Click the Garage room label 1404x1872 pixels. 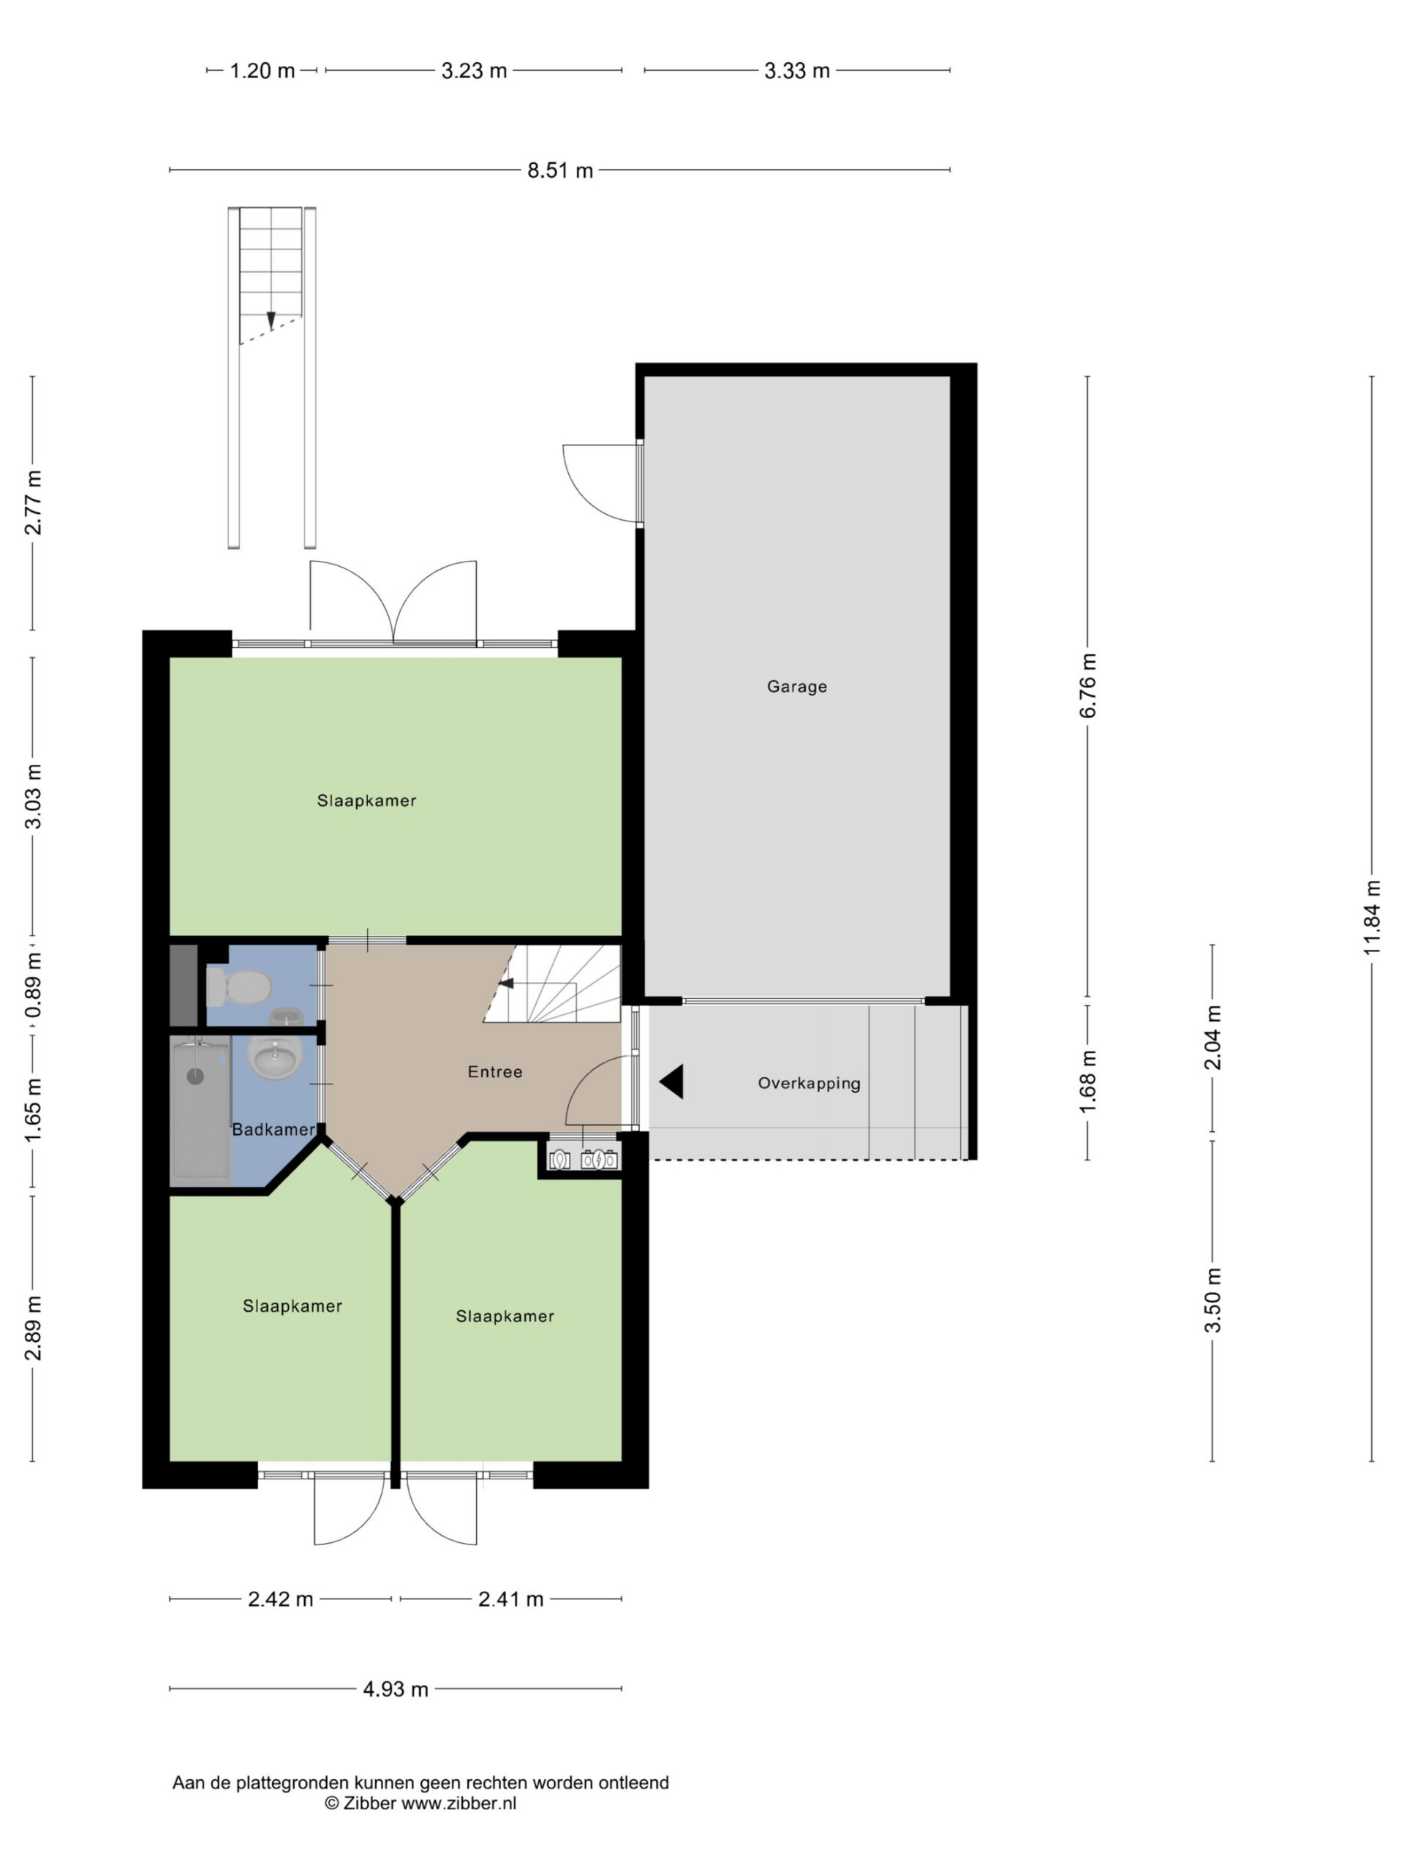tap(796, 687)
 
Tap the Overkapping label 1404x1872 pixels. tap(809, 1083)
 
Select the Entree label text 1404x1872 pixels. tap(495, 1072)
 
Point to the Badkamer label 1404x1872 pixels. tap(273, 1130)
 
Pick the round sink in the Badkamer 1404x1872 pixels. tap(275, 1055)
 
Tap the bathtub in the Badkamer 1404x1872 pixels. tap(200, 1109)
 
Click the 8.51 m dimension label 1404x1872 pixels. tap(560, 170)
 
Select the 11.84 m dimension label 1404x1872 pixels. tap(1372, 918)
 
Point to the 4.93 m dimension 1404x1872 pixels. tap(395, 1689)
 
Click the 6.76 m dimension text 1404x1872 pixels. tap(1087, 685)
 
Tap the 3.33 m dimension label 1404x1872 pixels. tap(796, 71)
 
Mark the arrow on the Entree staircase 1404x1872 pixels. tap(506, 983)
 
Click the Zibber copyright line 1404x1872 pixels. tap(420, 1803)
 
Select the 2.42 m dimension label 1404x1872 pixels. tap(280, 1599)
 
